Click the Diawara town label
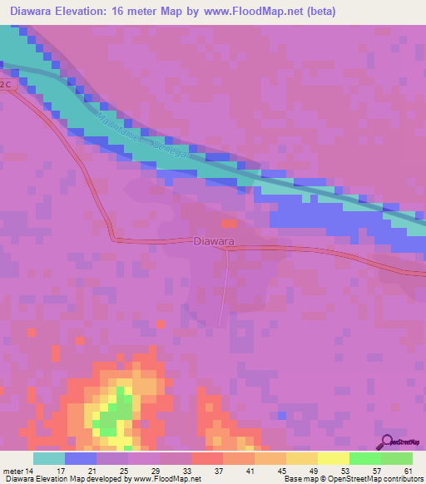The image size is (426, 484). pyautogui.click(x=212, y=241)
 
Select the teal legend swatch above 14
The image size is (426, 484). pyautogui.click(x=48, y=459)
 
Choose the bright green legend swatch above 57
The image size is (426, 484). pyautogui.click(x=364, y=459)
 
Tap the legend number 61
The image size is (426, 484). pyautogui.click(x=409, y=471)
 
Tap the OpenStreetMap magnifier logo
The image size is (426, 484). pyautogui.click(x=388, y=442)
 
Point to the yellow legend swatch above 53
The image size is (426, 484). pyautogui.click(x=333, y=459)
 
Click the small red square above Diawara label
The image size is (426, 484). pyautogui.click(x=230, y=223)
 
